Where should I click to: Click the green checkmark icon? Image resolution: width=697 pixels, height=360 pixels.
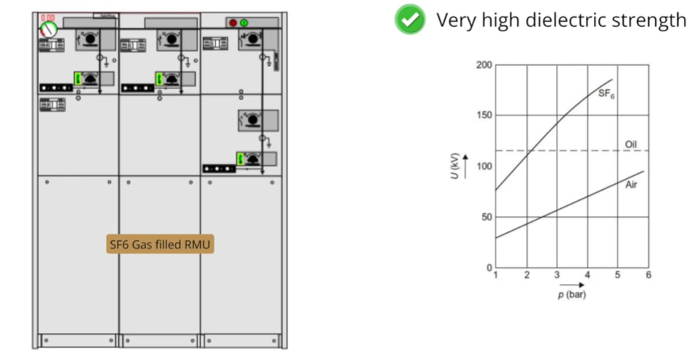[x=410, y=20]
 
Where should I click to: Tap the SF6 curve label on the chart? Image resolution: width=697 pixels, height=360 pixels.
[x=606, y=93]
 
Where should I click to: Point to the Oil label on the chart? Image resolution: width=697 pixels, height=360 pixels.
[x=632, y=144]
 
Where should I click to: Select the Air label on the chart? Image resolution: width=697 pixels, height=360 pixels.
[x=631, y=185]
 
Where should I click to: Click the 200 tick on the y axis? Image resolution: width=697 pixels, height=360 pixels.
[x=484, y=65]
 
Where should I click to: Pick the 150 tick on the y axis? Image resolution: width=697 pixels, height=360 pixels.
[x=484, y=115]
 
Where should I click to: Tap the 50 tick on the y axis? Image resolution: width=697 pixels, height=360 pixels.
[x=486, y=217]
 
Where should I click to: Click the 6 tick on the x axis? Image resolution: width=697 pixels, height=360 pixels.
[x=648, y=275]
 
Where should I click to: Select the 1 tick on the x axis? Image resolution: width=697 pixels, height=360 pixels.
[x=496, y=275]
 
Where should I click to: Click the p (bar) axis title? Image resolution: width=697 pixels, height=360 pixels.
[x=571, y=294]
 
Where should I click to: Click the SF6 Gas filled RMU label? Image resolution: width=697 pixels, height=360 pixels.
[x=161, y=245]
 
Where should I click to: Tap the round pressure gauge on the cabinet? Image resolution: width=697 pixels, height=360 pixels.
[x=48, y=29]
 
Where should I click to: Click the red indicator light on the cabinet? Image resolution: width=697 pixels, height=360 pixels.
[x=234, y=23]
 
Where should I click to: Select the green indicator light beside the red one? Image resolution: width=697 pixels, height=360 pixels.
[x=244, y=23]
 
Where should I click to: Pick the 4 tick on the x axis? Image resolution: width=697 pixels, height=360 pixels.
[x=587, y=275]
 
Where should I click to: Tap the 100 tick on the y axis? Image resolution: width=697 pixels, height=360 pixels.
[x=484, y=166]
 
